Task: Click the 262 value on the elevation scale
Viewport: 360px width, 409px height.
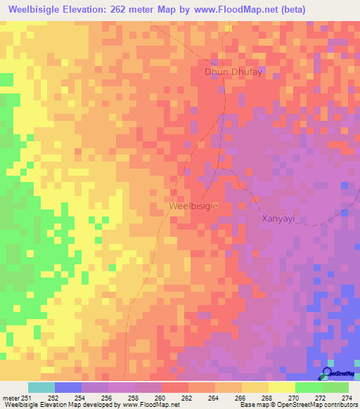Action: click(x=188, y=398)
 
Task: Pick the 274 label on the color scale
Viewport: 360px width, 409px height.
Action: click(x=348, y=398)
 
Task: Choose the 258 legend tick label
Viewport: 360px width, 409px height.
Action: click(x=134, y=398)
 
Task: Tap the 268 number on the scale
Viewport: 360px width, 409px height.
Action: click(x=268, y=398)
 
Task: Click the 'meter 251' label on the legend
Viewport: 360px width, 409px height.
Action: click(x=16, y=398)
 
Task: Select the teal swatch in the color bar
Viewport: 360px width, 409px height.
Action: click(x=41, y=387)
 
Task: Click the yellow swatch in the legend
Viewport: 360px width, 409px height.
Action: click(x=281, y=387)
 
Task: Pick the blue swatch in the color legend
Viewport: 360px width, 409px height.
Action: click(x=68, y=387)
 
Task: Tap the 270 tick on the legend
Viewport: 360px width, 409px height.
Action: click(x=295, y=398)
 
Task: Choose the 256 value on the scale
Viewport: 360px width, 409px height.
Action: click(x=108, y=398)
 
